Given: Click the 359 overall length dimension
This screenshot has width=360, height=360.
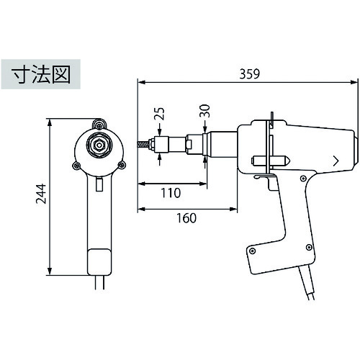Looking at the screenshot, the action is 250,74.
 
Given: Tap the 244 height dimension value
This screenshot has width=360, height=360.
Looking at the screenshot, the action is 41,194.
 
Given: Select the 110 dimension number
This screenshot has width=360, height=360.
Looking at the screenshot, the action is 171,193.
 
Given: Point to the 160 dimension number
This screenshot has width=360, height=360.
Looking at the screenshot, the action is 186,218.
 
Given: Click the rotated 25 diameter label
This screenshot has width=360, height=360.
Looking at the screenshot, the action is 159,113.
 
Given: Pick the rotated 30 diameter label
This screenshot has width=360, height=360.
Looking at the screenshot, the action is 204,111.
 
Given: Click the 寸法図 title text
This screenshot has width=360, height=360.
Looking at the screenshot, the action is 41,74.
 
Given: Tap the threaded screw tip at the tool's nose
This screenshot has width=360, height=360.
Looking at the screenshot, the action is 143,145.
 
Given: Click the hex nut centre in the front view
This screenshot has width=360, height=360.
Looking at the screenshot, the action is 99,145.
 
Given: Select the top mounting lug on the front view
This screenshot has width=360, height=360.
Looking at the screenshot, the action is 99,124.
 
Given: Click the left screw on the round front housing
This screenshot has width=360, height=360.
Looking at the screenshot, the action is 76,165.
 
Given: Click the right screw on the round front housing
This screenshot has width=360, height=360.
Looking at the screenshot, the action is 122,165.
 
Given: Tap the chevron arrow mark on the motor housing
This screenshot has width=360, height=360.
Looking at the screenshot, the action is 336,161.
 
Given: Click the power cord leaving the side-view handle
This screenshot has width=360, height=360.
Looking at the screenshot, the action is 307,283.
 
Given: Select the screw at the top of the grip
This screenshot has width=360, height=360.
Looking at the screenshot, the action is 303,179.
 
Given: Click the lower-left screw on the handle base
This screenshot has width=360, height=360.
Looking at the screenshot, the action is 252,251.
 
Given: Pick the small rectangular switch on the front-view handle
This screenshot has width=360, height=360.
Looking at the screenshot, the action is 99,184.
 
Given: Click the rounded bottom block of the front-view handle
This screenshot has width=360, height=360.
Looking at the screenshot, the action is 99,262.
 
